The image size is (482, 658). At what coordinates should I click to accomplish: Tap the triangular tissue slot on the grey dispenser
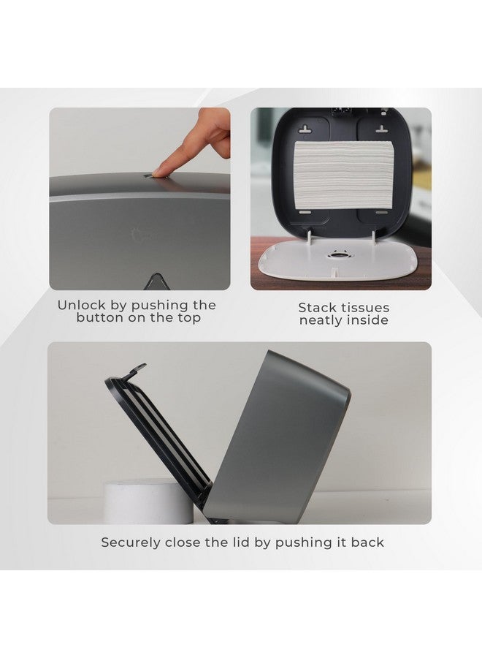157,281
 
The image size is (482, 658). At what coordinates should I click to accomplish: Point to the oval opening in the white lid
337,255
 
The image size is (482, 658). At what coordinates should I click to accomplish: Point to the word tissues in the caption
366,308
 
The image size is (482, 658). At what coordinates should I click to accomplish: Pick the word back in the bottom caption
367,542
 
